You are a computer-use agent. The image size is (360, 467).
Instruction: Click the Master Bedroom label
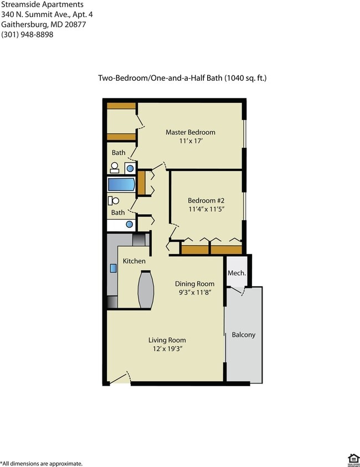[x=191, y=132]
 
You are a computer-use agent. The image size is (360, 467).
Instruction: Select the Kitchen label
[x=134, y=261]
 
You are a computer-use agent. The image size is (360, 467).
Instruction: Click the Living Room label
[x=167, y=340]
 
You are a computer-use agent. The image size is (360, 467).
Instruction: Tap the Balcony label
[x=243, y=335]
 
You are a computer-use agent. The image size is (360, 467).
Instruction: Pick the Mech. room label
[x=236, y=273]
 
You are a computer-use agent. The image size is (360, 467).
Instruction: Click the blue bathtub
[x=121, y=184]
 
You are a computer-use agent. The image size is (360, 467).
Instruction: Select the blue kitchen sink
[x=113, y=268]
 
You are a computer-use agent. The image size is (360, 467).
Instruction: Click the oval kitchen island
[x=146, y=289]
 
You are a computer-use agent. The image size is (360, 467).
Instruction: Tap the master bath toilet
[x=115, y=167]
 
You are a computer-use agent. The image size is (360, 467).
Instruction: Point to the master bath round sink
[x=131, y=167]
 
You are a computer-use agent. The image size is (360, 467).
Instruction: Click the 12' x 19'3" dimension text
[x=167, y=349]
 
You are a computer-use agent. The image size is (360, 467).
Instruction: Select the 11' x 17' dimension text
[x=191, y=142]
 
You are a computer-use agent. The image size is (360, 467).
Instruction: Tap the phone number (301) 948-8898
[x=28, y=34]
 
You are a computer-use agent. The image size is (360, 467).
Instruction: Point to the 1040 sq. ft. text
[x=245, y=78]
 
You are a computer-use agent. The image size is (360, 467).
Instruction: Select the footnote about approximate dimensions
[x=42, y=463]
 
